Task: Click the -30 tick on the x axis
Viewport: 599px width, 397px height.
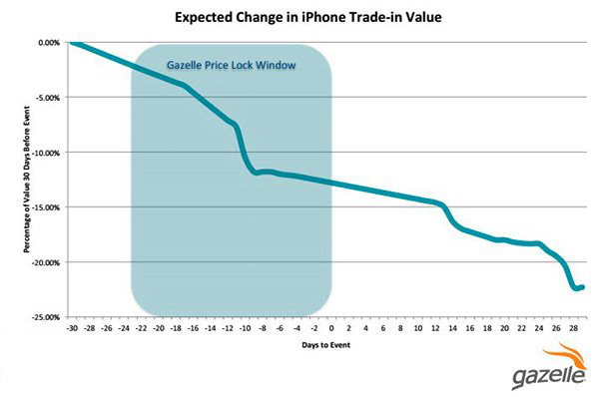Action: (x=72, y=327)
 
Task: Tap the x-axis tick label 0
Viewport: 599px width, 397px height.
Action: (x=331, y=327)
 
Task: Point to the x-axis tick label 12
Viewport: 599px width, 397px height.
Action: (x=435, y=327)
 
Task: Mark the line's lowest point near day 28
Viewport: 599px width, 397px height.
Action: (x=576, y=289)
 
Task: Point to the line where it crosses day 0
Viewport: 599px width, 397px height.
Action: (x=331, y=185)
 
